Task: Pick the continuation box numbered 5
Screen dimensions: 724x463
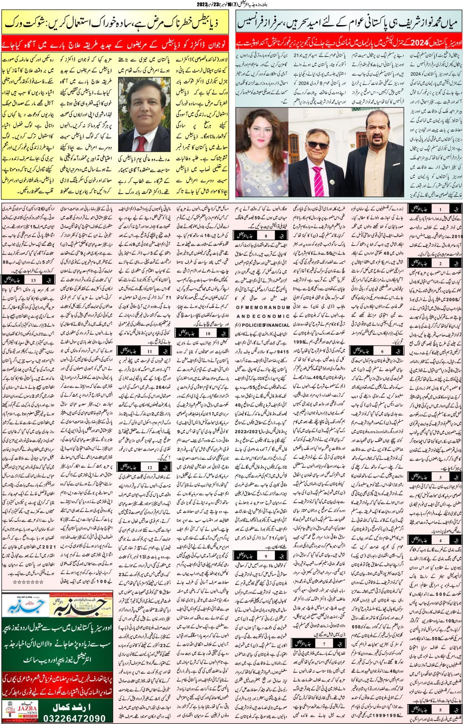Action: click(x=435, y=710)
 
